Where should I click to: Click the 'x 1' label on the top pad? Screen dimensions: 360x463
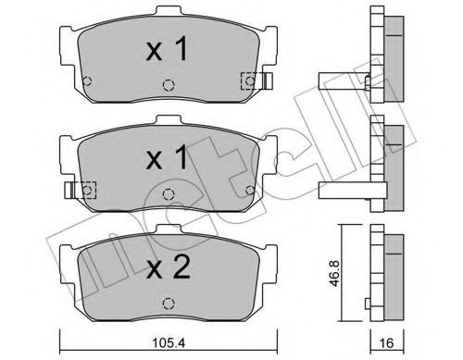point(167,51)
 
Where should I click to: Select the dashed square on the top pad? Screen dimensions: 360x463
point(247,81)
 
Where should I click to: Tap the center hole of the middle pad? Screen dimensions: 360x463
point(167,193)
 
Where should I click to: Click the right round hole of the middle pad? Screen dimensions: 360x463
point(247,189)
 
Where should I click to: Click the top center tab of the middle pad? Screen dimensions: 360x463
point(167,121)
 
